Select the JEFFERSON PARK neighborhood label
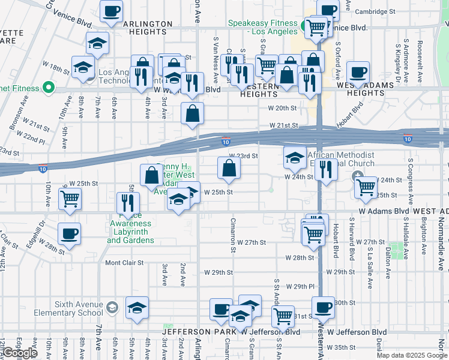coord(198,332)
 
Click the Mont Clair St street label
coord(124,263)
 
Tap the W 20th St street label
coord(283,108)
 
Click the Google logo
coord(20,353)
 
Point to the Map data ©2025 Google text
coord(412,355)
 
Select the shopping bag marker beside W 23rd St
coord(229,169)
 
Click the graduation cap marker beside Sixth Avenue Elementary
coord(137,308)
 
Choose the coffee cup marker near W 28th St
coord(70,234)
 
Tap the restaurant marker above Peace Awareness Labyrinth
coord(128,203)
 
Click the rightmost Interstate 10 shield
coord(408,139)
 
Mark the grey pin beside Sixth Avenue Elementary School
coord(112,309)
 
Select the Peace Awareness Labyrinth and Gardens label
coord(131,232)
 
